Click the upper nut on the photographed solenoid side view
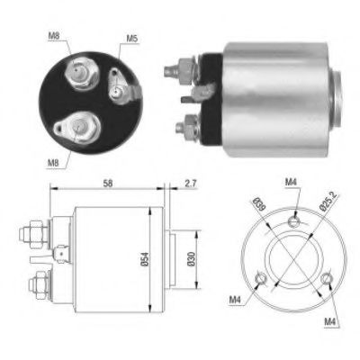177,68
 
